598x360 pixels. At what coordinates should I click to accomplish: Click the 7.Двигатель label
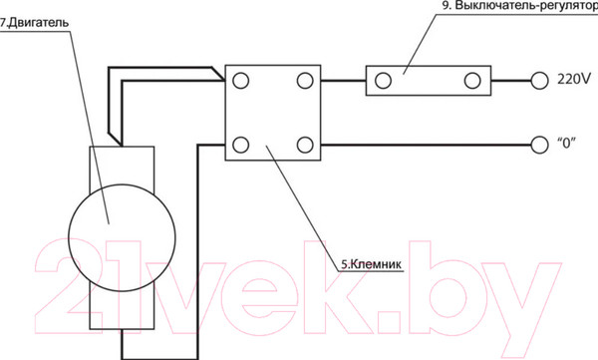point(34,23)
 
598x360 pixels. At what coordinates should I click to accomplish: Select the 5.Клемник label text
point(371,264)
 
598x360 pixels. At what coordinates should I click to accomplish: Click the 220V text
point(574,79)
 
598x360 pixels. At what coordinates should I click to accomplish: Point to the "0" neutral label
point(566,144)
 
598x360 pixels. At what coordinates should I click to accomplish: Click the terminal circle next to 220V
point(539,81)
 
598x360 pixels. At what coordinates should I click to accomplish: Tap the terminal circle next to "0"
point(539,145)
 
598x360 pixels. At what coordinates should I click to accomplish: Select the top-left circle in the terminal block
point(241,81)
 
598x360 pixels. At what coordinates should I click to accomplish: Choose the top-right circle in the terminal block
point(305,81)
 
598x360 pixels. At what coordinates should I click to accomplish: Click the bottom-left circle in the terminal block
point(241,145)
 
